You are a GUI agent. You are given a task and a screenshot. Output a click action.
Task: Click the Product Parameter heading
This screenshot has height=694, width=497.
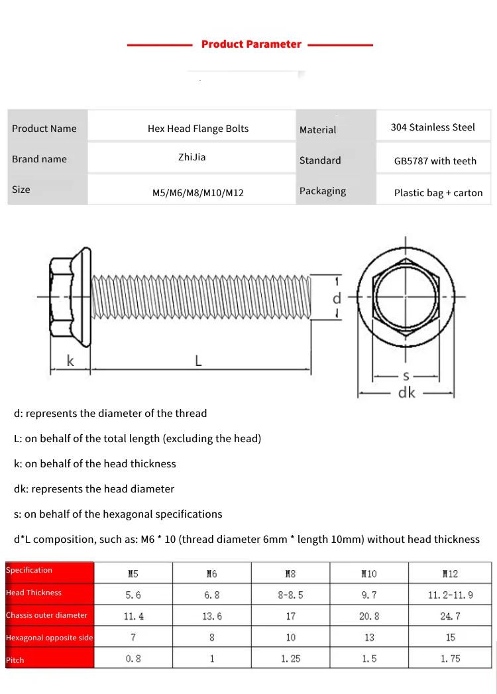(x=251, y=44)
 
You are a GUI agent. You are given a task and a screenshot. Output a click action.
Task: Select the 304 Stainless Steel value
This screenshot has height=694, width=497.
(x=433, y=127)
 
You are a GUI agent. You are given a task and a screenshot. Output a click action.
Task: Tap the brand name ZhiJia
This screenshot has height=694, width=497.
(x=192, y=157)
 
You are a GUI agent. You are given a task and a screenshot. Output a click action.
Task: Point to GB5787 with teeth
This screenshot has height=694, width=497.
(x=435, y=161)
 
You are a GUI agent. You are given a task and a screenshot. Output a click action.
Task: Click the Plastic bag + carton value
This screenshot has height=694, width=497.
(x=438, y=193)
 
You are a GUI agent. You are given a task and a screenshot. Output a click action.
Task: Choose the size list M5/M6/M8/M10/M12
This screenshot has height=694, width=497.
(x=198, y=193)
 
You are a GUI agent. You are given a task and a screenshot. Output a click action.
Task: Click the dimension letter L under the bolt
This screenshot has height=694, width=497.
(x=198, y=361)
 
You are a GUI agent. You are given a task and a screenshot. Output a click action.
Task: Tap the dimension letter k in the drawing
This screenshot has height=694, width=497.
(x=70, y=361)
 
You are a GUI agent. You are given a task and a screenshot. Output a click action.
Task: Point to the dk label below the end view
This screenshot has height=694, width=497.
(x=406, y=392)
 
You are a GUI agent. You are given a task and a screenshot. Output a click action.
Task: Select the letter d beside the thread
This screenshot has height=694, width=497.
(x=337, y=298)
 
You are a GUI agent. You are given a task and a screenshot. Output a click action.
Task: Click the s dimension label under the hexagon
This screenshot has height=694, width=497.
(x=406, y=375)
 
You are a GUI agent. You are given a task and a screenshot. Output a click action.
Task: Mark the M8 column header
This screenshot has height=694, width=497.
(x=290, y=573)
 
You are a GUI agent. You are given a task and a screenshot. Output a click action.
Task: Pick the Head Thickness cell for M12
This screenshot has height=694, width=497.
(x=450, y=595)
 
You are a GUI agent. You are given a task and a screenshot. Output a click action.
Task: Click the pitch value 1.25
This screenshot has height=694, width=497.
(x=290, y=659)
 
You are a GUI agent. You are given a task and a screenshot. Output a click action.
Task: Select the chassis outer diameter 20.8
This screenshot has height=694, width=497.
(x=369, y=616)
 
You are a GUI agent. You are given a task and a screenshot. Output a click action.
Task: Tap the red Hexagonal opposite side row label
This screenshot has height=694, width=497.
(x=50, y=638)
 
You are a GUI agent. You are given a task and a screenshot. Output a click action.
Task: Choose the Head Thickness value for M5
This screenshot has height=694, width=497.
(x=133, y=595)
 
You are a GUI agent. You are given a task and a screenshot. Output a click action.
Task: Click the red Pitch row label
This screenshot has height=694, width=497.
(x=15, y=660)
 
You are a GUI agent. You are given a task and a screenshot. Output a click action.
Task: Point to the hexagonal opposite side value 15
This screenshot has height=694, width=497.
(x=450, y=638)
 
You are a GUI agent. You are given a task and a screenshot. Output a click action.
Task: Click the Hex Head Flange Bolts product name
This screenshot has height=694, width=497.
(x=198, y=129)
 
